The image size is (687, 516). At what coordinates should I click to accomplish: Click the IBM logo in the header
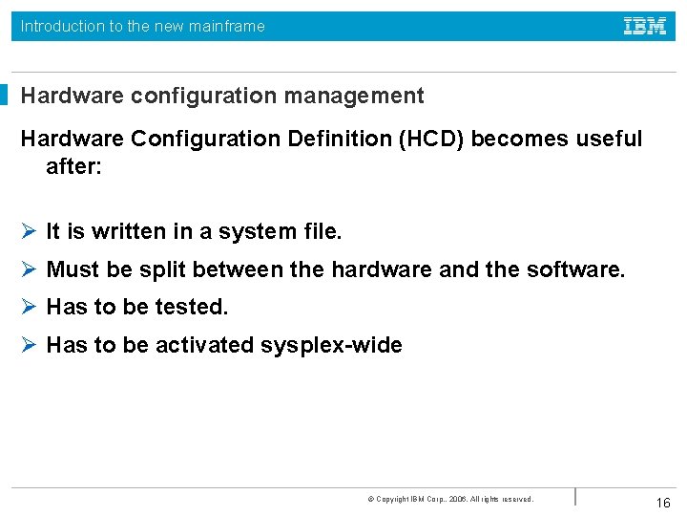pyautogui.click(x=645, y=27)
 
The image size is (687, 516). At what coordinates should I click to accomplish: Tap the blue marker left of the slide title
pyautogui.click(x=4, y=96)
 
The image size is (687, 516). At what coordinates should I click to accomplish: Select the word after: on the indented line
pyautogui.click(x=73, y=166)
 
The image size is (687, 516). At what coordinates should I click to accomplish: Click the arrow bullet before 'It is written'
pyautogui.click(x=29, y=231)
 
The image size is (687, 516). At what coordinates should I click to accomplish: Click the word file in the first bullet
pyautogui.click(x=322, y=231)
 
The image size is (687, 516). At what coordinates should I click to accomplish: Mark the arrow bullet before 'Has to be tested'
pyautogui.click(x=29, y=308)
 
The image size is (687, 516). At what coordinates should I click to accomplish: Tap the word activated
pyautogui.click(x=206, y=345)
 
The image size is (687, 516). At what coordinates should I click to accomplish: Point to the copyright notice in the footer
pyautogui.click(x=449, y=499)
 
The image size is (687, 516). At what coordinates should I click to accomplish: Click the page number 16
pyautogui.click(x=663, y=503)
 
